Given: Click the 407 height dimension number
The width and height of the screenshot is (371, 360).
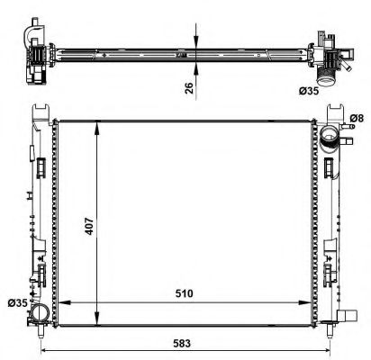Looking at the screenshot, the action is pos(89,226).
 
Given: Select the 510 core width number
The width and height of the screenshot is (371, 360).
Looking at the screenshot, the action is pos(184,293).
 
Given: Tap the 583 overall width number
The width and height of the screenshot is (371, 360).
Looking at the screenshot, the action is pos(182,343).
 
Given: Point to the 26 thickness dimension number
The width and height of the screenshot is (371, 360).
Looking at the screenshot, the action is pos(189,87).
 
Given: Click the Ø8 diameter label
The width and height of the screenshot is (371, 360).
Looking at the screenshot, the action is pos(357,119).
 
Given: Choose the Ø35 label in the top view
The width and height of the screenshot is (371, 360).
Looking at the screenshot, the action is pos(309,90).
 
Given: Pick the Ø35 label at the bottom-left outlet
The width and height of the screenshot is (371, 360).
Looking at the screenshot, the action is pos(17,303).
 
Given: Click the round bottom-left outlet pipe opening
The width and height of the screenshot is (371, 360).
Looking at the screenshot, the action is pos(41,313).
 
